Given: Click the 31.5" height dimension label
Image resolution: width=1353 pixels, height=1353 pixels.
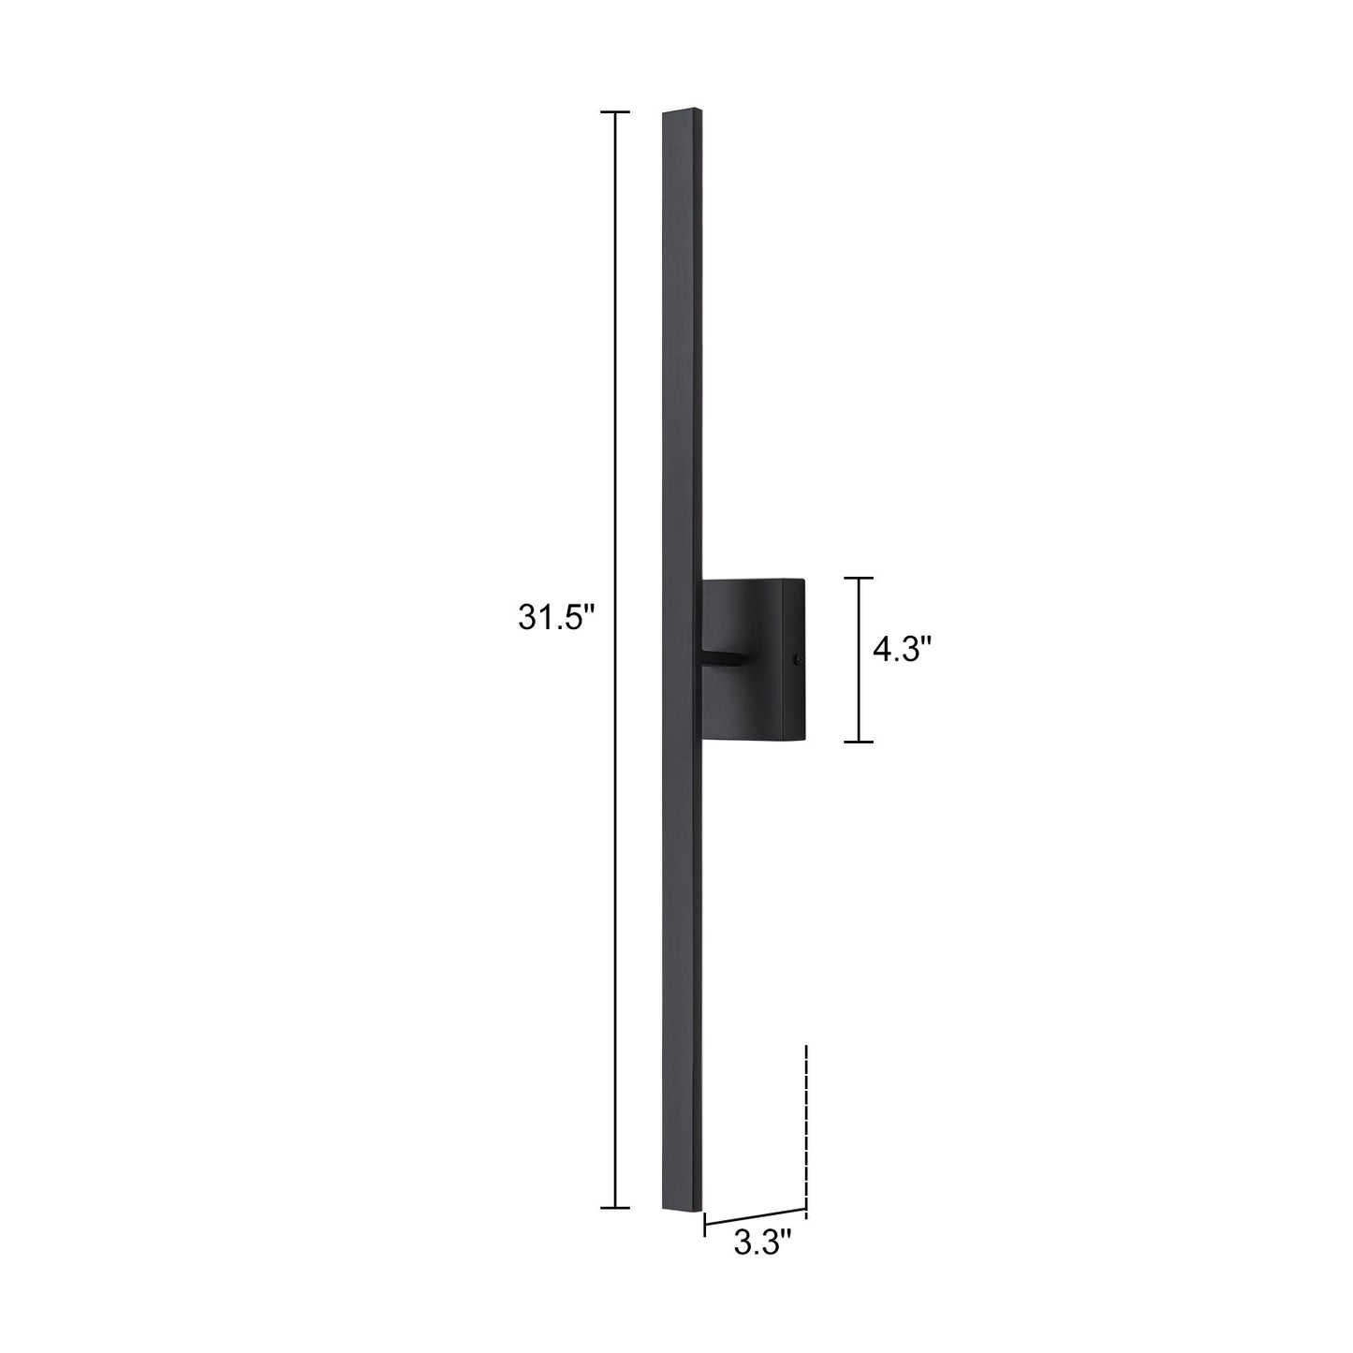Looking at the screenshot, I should coord(557,618).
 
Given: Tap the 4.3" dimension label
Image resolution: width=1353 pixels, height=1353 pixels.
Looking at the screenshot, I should coord(902,649).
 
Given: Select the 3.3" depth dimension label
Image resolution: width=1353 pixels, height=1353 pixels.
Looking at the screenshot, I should coord(762,1243).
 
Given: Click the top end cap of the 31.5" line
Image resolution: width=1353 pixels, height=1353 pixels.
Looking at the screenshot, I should coord(614,112).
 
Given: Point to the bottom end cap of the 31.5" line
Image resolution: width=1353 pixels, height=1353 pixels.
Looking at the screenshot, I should coord(614,1208).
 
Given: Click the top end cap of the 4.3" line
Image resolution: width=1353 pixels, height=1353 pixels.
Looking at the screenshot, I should coord(859,579).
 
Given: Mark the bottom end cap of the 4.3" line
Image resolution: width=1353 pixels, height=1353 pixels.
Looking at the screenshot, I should coord(859,742).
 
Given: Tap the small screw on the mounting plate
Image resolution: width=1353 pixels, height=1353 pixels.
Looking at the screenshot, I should coord(797,659).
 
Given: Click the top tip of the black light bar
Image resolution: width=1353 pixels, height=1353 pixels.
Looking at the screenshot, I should coord(682,111).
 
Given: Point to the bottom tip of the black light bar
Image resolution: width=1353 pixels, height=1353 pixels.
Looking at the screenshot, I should coord(681,1210).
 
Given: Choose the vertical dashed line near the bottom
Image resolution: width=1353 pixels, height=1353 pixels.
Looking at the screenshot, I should coord(805,1124).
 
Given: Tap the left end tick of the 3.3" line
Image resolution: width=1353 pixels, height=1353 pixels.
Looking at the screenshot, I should coord(705,1223).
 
